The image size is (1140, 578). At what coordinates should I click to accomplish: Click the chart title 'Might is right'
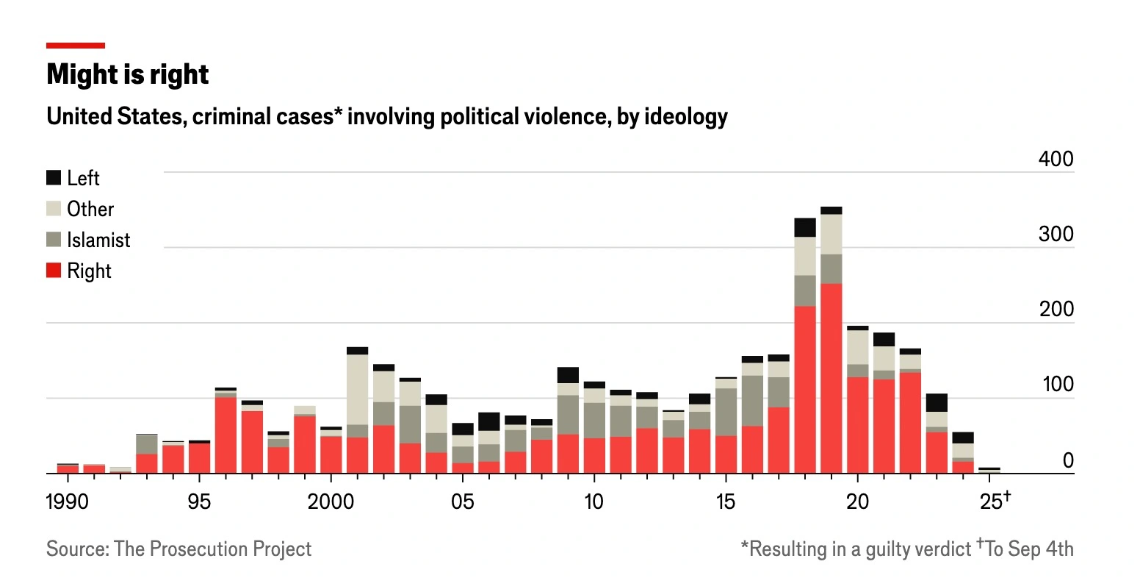pos(127,74)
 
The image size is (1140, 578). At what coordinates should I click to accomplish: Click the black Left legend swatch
pos(54,178)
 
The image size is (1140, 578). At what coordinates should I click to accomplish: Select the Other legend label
pos(90,209)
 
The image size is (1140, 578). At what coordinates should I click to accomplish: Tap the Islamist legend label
pos(98,240)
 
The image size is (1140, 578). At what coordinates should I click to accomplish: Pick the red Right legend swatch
pos(54,271)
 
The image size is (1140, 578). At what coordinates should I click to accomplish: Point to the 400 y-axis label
pos(1056,159)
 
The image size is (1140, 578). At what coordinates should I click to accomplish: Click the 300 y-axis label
pos(1056,234)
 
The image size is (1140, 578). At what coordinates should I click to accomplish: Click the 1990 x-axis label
pos(67,502)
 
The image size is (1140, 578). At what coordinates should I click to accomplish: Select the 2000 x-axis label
pos(331,502)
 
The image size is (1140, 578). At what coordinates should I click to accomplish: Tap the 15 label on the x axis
pos(725,502)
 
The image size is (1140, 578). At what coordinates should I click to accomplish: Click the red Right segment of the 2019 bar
pos(831,378)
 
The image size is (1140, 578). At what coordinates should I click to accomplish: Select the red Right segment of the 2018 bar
pos(805,390)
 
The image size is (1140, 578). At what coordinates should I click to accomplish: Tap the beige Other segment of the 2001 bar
pos(358,390)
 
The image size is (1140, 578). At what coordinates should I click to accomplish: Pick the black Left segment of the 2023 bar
pos(937,403)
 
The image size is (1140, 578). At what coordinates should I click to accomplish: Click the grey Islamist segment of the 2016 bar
pos(752,401)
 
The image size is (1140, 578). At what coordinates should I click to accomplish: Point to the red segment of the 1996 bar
pos(226,435)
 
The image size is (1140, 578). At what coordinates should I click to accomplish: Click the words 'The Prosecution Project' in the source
pos(212,549)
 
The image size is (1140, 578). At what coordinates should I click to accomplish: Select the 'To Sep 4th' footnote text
pos(1029,549)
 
